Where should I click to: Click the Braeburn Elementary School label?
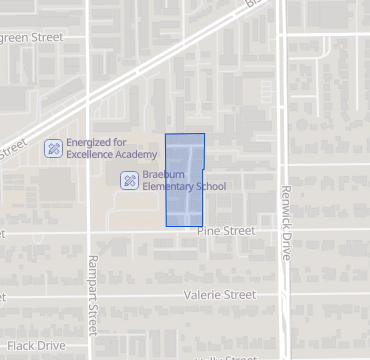click(x=184, y=180)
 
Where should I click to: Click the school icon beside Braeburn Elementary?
click(x=129, y=180)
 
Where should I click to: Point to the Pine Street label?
click(x=226, y=231)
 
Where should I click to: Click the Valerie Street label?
click(x=220, y=295)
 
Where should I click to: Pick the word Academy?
click(x=136, y=154)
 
